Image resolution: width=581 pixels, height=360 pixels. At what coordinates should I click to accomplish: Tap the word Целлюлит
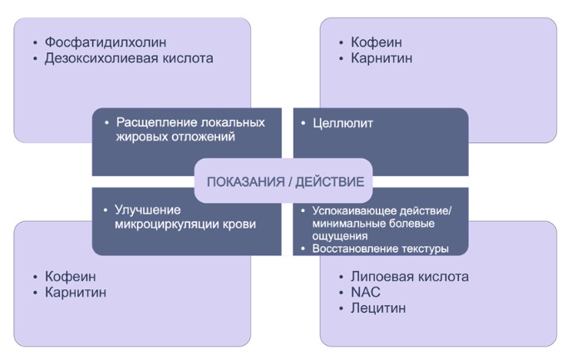tap(343, 124)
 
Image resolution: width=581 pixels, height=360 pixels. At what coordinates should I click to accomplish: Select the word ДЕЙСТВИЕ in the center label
tap(330, 181)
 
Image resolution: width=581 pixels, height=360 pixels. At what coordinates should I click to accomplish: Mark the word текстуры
tap(425, 249)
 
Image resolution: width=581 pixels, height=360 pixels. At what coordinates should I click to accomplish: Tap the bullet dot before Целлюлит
tap(303, 124)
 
